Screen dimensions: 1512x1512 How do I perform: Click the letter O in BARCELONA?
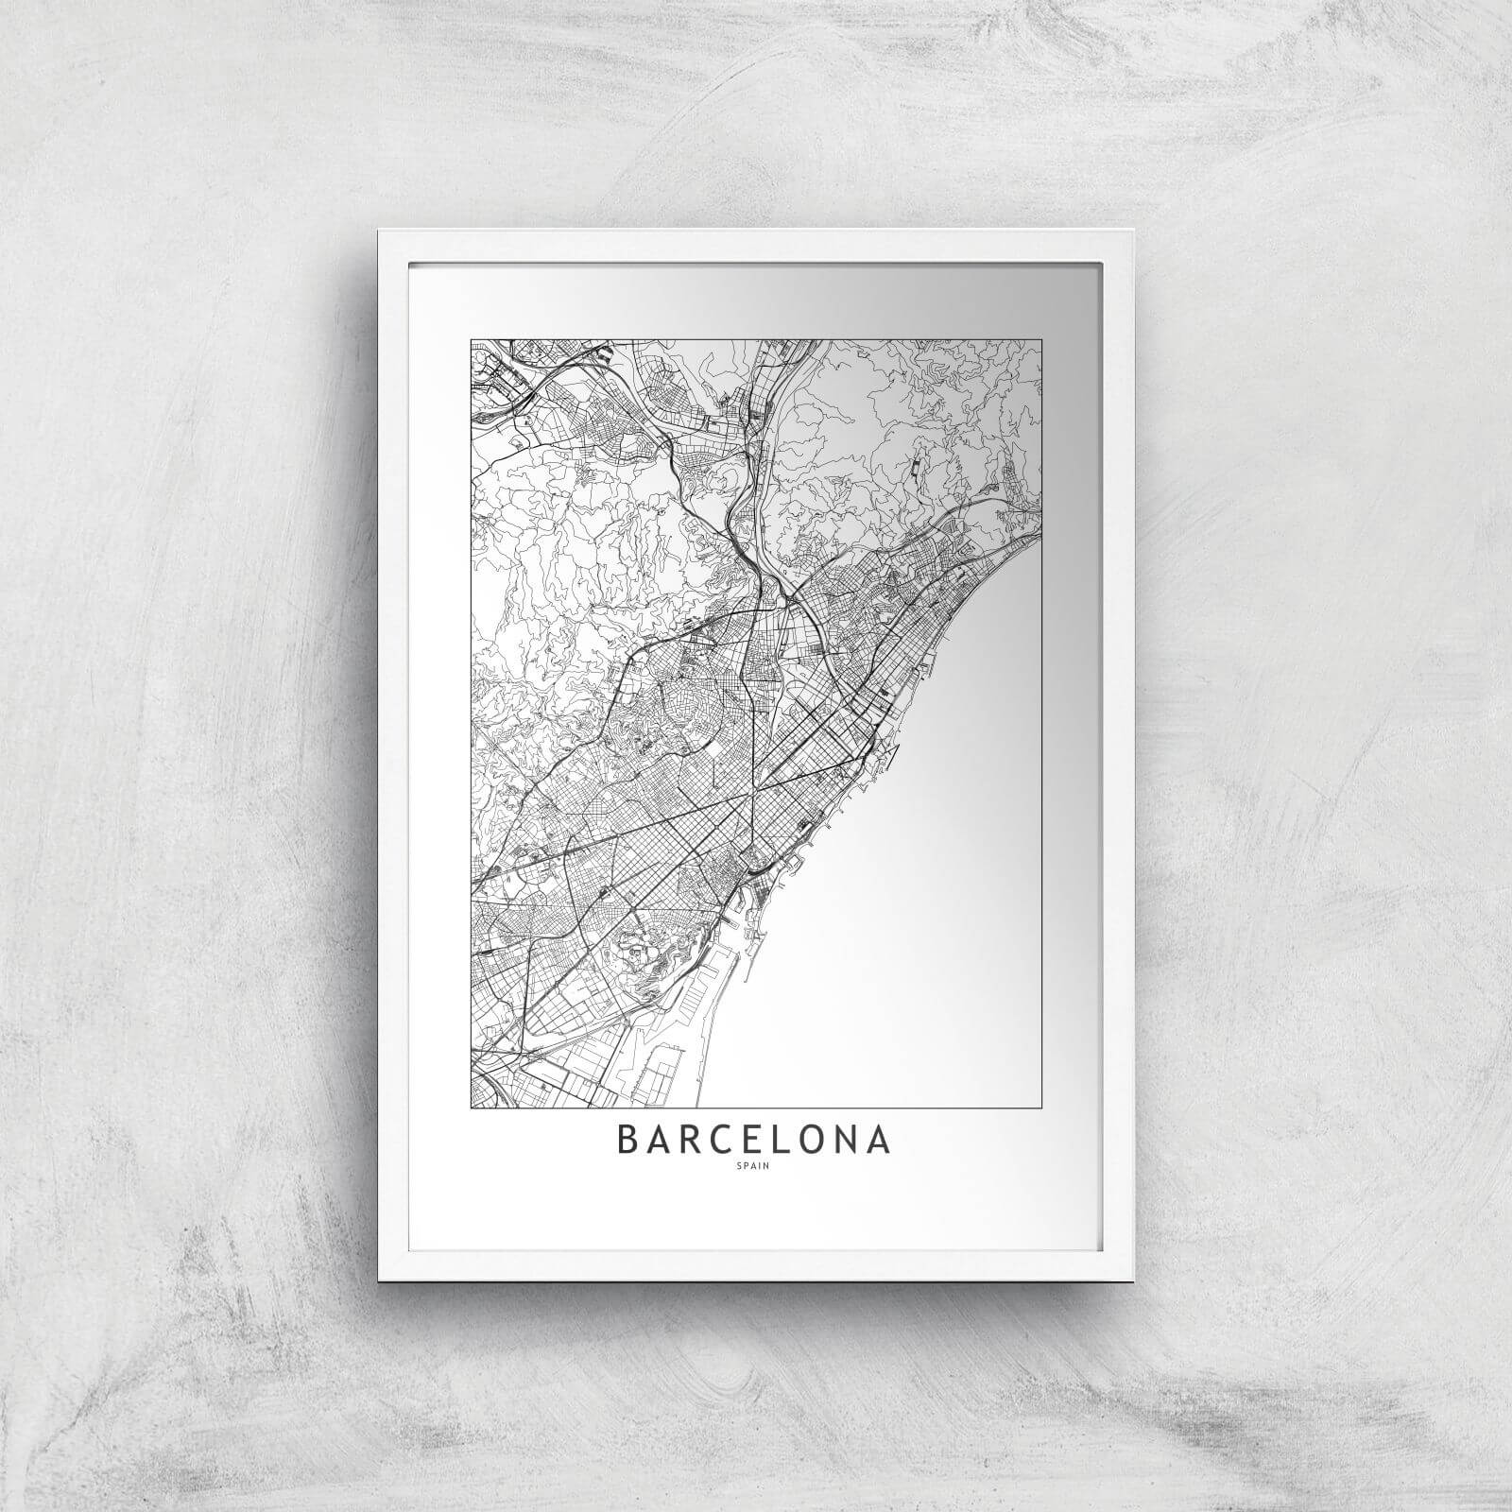pyautogui.click(x=815, y=1140)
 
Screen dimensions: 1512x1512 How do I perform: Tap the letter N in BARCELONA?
pyautogui.click(x=848, y=1140)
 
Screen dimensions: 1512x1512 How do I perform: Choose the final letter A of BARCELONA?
pyautogui.click(x=879, y=1140)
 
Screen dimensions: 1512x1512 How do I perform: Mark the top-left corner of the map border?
pyautogui.click(x=472, y=340)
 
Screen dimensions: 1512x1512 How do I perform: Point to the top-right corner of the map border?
pyautogui.click(x=1041, y=340)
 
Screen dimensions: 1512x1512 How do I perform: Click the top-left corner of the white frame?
pyautogui.click(x=379, y=230)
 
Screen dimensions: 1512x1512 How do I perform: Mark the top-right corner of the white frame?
pyautogui.click(x=1132, y=230)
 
